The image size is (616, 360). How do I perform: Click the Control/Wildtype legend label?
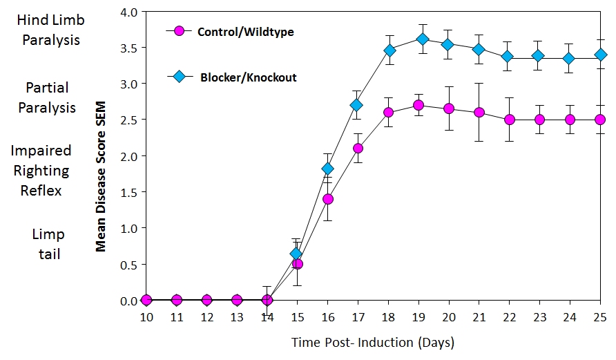pos(245,32)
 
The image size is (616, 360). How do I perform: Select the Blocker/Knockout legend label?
pos(248,77)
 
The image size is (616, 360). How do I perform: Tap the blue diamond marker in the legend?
pos(180,76)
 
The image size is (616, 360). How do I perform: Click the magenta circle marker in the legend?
pos(180,31)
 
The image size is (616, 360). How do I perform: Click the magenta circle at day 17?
pos(358,148)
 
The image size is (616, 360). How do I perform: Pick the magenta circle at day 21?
pos(479,112)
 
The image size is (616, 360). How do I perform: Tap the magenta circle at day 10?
pos(146,300)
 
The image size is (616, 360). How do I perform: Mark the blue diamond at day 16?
pos(327,168)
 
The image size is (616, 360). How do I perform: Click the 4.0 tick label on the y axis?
pos(130,12)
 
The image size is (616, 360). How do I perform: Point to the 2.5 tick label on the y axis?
pos(130,120)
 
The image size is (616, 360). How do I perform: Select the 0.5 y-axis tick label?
pos(130,265)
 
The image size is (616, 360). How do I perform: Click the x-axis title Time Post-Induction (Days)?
pos(372,342)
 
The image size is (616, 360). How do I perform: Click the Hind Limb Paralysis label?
pos(51,30)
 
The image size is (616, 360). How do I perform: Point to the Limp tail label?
pos(46,245)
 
